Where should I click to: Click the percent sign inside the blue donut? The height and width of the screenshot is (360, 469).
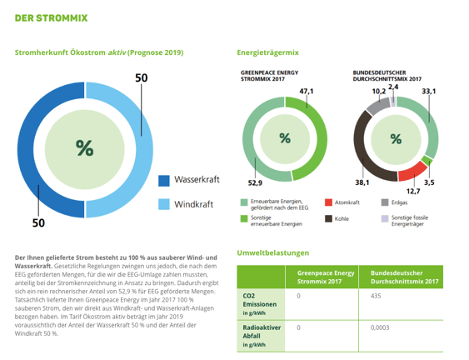coord(84,148)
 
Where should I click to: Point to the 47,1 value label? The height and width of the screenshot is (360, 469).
coord(306,91)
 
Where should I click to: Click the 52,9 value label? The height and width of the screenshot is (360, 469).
coord(254,182)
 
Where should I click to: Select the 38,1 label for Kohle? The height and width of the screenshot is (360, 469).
coord(362,182)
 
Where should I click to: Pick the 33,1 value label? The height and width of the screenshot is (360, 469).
coord(429,91)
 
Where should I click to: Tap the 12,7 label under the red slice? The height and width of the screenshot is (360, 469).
coord(413,191)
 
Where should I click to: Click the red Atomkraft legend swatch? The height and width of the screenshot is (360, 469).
coord(329,202)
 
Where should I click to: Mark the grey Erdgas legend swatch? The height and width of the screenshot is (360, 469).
coord(385,202)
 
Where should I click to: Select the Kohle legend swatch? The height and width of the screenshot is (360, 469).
coord(329,218)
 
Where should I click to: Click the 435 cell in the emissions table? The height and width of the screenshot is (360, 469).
coord(376,295)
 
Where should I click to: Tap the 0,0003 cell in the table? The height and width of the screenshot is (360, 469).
coord(380,327)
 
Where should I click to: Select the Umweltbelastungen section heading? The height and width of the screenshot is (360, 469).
coord(272,252)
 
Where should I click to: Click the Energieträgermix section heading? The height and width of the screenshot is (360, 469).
coord(267,52)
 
